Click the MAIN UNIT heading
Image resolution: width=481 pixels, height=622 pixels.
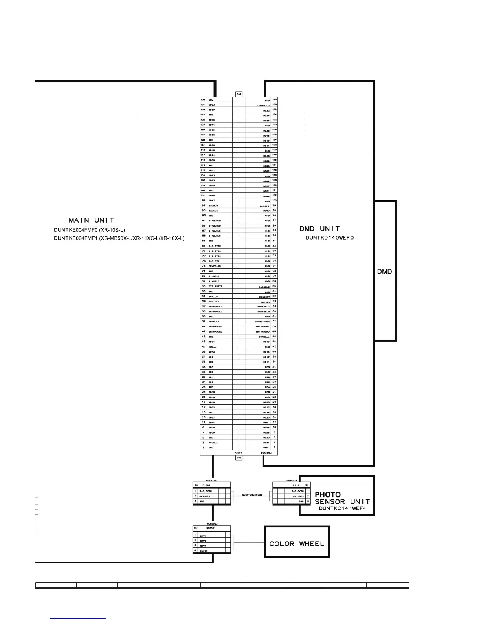(92, 220)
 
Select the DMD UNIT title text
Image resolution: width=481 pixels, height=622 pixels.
(319, 229)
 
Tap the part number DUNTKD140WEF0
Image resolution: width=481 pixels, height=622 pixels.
(330, 238)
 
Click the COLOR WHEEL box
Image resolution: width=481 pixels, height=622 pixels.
(297, 544)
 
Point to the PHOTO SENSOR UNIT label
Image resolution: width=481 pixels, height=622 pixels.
(342, 498)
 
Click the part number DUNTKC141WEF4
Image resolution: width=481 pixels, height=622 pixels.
(342, 508)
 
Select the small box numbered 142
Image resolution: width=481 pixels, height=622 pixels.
(239, 94)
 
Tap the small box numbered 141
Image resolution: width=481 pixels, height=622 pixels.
(239, 458)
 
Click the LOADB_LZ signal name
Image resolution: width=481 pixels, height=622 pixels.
(263, 106)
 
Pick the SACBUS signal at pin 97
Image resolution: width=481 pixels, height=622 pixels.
(213, 205)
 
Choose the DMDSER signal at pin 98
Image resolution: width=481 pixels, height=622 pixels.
(264, 206)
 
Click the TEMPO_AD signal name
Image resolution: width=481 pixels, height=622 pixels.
(215, 266)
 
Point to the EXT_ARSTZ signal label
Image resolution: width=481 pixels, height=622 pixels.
(215, 286)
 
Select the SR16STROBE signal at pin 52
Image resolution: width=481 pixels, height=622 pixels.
(262, 322)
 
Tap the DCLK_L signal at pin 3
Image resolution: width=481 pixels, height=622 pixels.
(213, 443)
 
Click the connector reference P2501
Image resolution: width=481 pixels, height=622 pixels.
(238, 452)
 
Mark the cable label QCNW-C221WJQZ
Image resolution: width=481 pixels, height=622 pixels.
(252, 495)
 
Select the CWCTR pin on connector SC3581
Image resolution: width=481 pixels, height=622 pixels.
(204, 551)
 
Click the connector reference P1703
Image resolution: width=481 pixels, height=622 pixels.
(206, 485)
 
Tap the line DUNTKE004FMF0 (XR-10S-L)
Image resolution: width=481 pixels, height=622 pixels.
(90, 230)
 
